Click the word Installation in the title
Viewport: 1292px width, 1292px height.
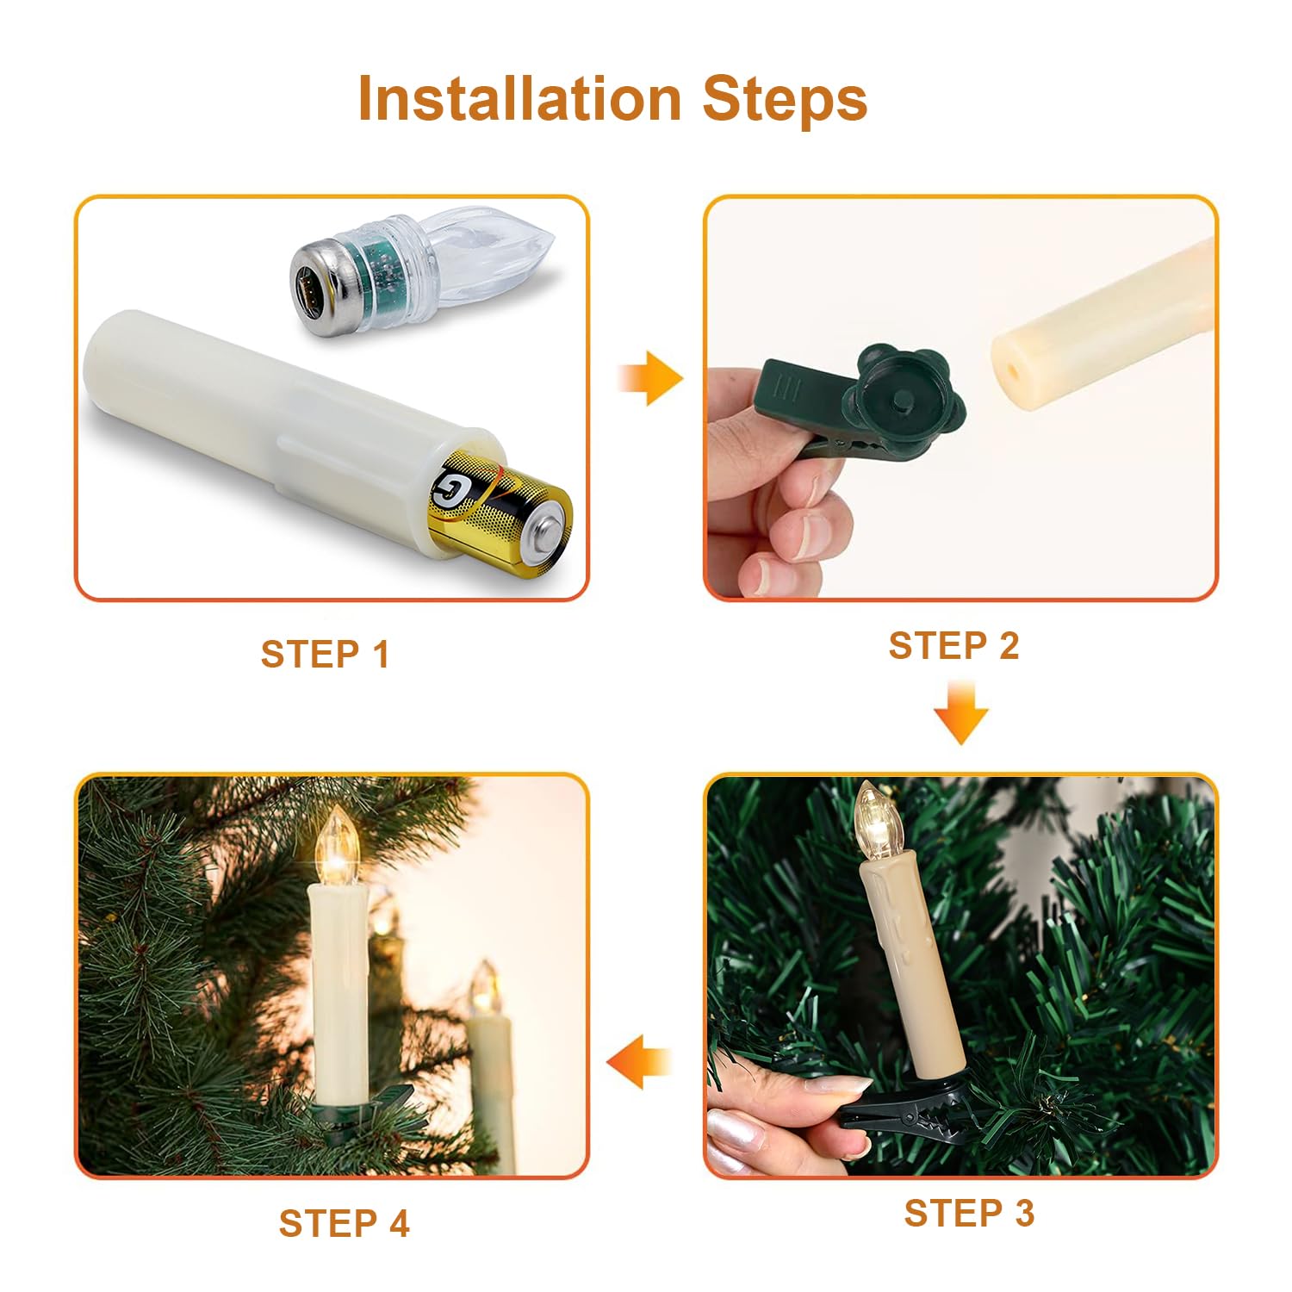[x=519, y=98]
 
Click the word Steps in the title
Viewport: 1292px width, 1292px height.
[x=785, y=99]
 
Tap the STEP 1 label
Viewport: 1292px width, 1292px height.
[x=325, y=655]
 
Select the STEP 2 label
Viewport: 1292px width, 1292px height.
[x=953, y=646]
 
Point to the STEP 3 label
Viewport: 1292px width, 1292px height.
[x=969, y=1213]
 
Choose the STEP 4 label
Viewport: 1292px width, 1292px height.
[x=344, y=1223]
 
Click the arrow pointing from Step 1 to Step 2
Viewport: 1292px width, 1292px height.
[x=650, y=378]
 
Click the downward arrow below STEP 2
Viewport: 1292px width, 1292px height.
[x=961, y=711]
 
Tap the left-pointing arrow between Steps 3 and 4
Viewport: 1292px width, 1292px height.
[x=638, y=1061]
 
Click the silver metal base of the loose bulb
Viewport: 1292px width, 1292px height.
[x=320, y=283]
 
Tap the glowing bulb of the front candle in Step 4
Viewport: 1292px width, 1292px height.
[x=335, y=847]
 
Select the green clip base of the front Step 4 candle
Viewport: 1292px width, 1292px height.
[x=362, y=1111]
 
